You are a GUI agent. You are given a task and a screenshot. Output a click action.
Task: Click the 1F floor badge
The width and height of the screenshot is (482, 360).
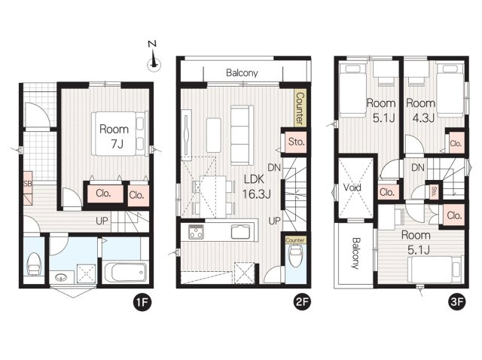[142, 303]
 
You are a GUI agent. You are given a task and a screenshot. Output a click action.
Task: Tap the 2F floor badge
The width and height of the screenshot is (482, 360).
[302, 302]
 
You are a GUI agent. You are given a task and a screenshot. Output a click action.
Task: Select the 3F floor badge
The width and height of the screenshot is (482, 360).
[457, 302]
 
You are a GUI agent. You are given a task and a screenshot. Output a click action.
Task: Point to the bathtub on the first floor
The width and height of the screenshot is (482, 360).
[126, 272]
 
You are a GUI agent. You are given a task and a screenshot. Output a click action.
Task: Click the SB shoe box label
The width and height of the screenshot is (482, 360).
[27, 184]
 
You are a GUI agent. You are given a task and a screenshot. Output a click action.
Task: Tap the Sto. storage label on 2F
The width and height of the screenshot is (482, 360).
[296, 142]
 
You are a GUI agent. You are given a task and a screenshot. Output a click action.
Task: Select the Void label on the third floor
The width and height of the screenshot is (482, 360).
[352, 188]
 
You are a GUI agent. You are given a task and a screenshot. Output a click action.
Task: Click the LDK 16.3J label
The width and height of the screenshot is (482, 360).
[256, 186]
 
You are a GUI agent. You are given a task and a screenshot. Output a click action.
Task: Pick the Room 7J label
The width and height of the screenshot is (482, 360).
[114, 136]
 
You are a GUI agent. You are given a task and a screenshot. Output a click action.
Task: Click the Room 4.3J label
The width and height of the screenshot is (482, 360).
[420, 110]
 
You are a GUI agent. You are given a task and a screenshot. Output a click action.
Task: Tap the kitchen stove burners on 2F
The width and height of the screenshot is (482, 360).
[196, 232]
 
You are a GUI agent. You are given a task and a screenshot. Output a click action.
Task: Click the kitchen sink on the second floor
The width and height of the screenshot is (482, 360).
[241, 232]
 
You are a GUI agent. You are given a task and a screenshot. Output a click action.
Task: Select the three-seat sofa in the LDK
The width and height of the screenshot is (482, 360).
[242, 136]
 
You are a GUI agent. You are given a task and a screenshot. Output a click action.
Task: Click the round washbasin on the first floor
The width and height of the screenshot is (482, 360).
[61, 278]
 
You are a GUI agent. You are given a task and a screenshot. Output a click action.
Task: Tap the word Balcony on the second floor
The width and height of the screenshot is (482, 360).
[242, 73]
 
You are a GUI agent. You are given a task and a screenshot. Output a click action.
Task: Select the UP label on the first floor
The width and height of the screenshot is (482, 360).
[102, 221]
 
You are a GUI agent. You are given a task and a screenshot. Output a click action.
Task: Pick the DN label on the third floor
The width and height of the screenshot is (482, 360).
[418, 168]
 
